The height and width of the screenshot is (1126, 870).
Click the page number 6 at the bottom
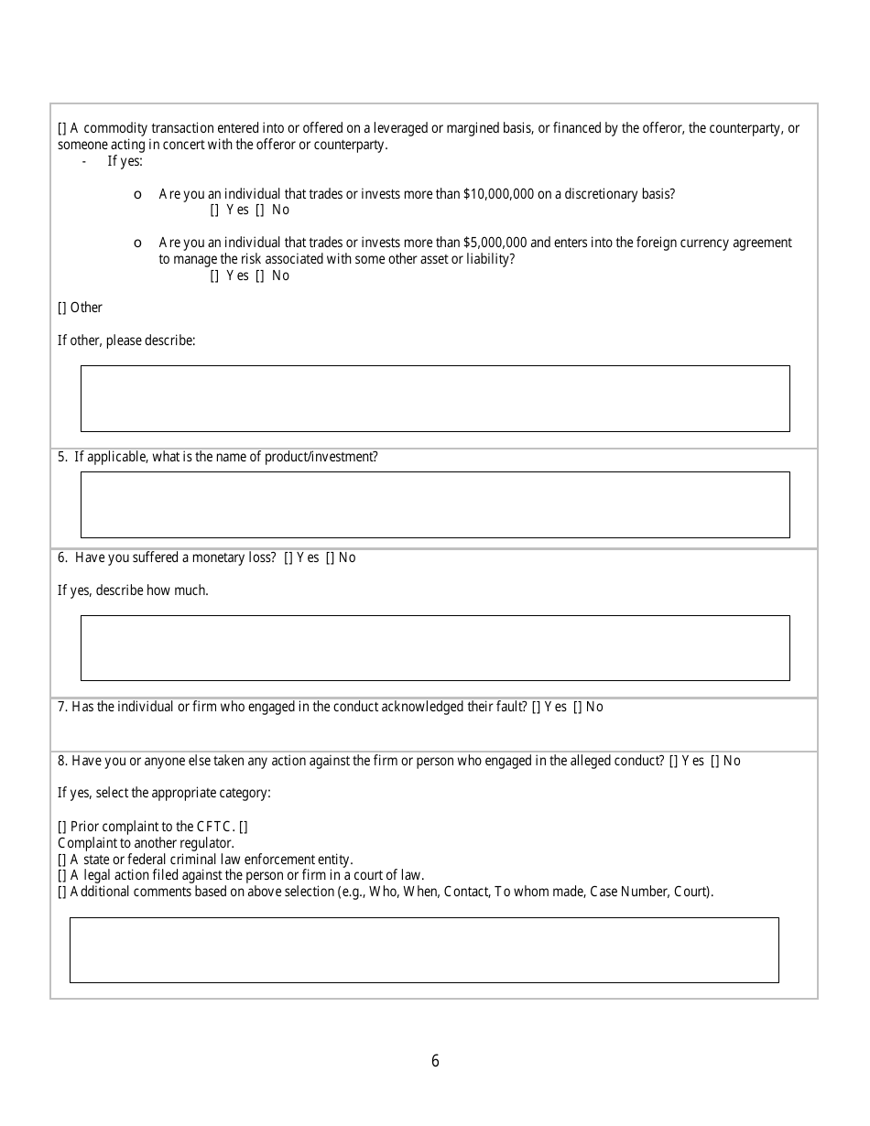pyautogui.click(x=435, y=1061)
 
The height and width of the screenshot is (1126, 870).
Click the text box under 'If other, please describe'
pyautogui.click(x=435, y=398)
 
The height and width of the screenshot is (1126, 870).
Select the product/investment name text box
pyautogui.click(x=435, y=504)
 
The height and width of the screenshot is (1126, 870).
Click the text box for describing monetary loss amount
pyautogui.click(x=435, y=647)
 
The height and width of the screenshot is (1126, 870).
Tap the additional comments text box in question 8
pyautogui.click(x=424, y=949)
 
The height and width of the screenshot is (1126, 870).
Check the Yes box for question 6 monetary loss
pyautogui.click(x=288, y=558)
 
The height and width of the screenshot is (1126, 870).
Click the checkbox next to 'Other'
pyautogui.click(x=62, y=308)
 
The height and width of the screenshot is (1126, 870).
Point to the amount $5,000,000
pyautogui.click(x=495, y=243)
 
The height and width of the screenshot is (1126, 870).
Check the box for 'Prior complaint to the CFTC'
pyautogui.click(x=62, y=827)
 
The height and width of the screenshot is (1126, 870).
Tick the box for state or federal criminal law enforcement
pyautogui.click(x=62, y=860)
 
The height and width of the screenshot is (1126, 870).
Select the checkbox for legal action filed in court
pyautogui.click(x=62, y=875)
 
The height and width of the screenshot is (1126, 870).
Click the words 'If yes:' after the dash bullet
pyautogui.click(x=125, y=161)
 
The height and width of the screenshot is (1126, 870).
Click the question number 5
pyautogui.click(x=62, y=457)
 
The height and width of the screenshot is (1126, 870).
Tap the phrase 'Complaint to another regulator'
pyautogui.click(x=146, y=843)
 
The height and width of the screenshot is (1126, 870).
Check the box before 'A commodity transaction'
pyautogui.click(x=62, y=128)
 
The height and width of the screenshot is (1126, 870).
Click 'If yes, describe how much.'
pyautogui.click(x=133, y=590)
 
